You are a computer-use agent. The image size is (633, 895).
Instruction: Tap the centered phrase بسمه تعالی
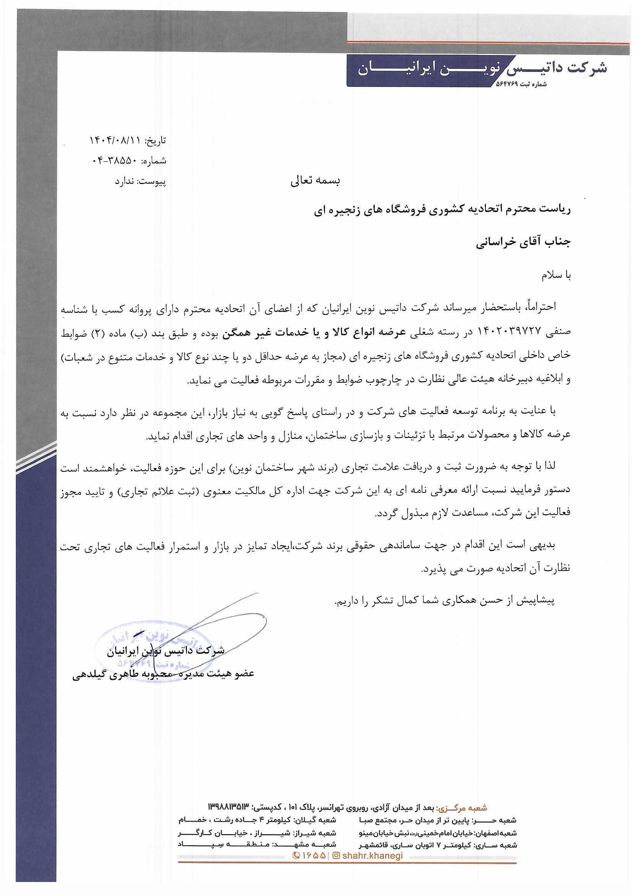[315, 181]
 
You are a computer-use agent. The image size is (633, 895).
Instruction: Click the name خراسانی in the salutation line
[498, 243]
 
